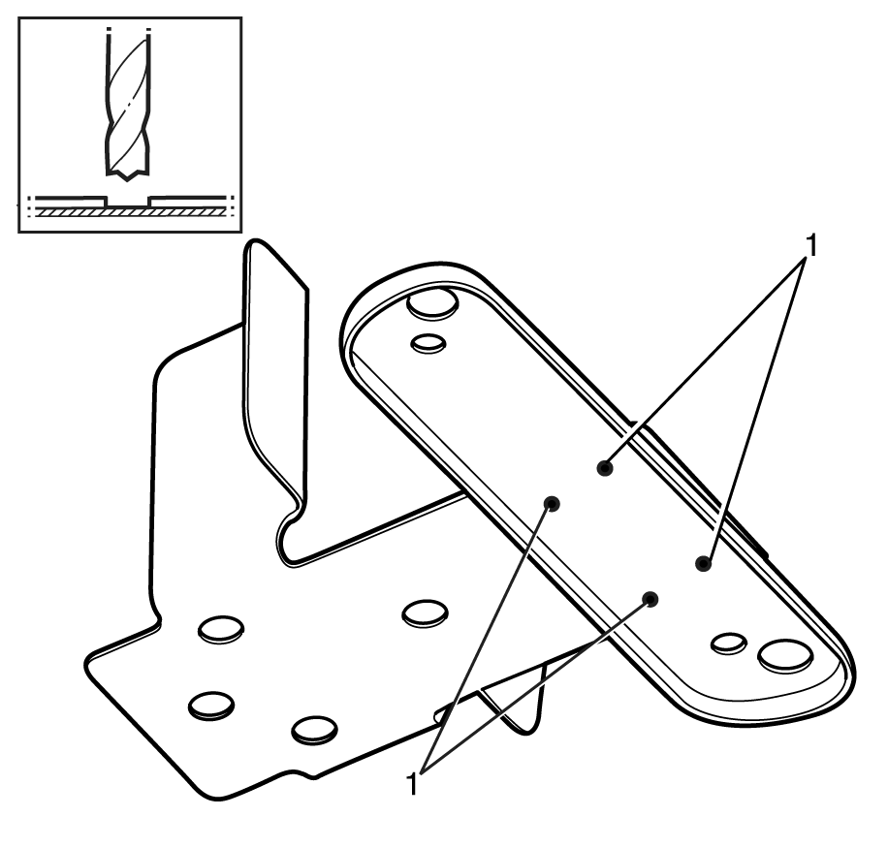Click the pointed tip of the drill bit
[128, 180]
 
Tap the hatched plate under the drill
[130, 211]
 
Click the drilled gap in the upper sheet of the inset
[128, 201]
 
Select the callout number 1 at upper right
[811, 245]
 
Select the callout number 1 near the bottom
[412, 784]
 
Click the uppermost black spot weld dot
[605, 468]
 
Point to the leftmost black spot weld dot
[553, 503]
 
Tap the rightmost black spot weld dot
[704, 563]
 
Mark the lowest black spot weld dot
[651, 599]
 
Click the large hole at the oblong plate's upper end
[432, 302]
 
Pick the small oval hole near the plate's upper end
[428, 343]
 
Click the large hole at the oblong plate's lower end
[785, 655]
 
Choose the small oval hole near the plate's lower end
[728, 644]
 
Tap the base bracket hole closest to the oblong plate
[426, 613]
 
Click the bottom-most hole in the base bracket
[314, 730]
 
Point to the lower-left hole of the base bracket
[211, 706]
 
